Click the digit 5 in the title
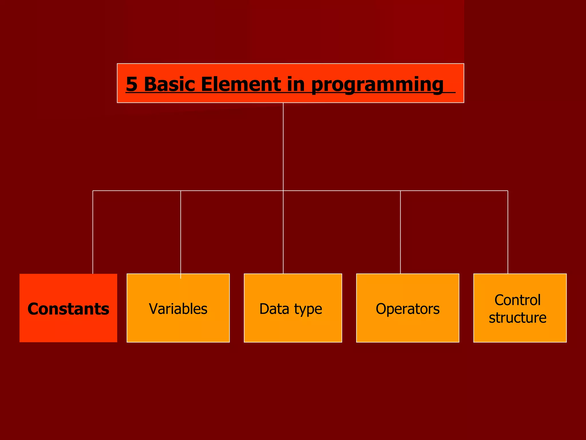click(x=132, y=84)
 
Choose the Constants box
click(x=68, y=308)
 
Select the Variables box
click(x=178, y=308)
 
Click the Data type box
click(x=293, y=308)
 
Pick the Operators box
click(x=407, y=308)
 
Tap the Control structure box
click(x=520, y=308)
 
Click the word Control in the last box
click(x=517, y=300)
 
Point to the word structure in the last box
click(x=517, y=318)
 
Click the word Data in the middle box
click(x=274, y=309)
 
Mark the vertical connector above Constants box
click(x=93, y=232)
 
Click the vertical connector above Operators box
click(x=400, y=232)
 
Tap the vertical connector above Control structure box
click(x=508, y=232)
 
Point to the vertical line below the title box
click(x=283, y=146)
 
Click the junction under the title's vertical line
click(x=283, y=190)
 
